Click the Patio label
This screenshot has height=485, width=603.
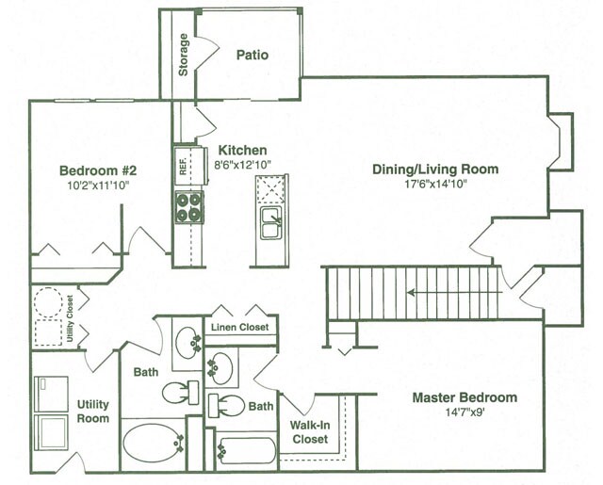(x=252, y=55)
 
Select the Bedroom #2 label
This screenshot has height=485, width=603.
(x=99, y=170)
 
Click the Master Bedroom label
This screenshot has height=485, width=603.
(x=464, y=397)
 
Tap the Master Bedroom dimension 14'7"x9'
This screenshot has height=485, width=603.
(x=464, y=412)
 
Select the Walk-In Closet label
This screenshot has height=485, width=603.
(x=309, y=431)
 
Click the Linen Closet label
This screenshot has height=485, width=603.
(x=239, y=328)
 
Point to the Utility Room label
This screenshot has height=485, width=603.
(x=93, y=411)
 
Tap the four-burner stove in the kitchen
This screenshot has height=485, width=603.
(x=188, y=206)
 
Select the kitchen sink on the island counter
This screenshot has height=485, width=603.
(x=271, y=225)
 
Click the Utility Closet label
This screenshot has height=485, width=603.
(x=69, y=317)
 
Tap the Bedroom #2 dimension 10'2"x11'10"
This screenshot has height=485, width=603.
(x=99, y=186)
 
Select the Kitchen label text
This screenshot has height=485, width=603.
(x=242, y=151)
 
